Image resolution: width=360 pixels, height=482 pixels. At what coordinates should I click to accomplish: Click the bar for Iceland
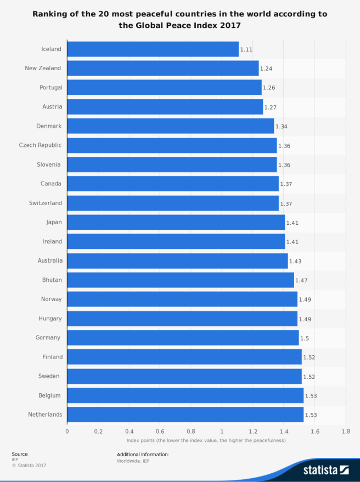pyautogui.click(x=153, y=49)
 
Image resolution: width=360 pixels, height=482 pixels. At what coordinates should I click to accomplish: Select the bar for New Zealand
pyautogui.click(x=162, y=69)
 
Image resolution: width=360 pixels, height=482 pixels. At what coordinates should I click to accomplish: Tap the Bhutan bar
pyautogui.click(x=180, y=280)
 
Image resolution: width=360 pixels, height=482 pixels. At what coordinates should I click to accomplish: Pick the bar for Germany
pyautogui.click(x=183, y=338)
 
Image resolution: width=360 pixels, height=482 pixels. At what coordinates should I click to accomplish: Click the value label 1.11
pyautogui.click(x=246, y=49)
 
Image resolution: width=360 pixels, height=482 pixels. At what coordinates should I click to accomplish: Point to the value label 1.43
pyautogui.click(x=295, y=261)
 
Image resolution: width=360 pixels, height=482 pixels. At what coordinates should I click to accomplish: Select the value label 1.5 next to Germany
pyautogui.click(x=305, y=338)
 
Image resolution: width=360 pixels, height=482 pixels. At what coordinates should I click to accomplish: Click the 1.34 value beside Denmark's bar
pyautogui.click(x=281, y=127)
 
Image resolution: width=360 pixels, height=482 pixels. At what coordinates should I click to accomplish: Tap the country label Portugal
pyautogui.click(x=51, y=88)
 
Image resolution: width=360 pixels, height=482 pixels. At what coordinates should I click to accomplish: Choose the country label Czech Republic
pyautogui.click(x=40, y=145)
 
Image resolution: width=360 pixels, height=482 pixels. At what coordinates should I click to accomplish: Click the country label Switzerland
pyautogui.click(x=46, y=203)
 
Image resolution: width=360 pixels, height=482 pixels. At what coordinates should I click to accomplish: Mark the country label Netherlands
pyautogui.click(x=45, y=415)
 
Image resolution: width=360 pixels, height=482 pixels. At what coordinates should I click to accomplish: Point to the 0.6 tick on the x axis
pyautogui.click(x=160, y=432)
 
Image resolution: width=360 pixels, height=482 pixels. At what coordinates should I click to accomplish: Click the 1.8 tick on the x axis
pyautogui.click(x=345, y=432)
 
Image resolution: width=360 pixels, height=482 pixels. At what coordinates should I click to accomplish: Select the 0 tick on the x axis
pyautogui.click(x=67, y=432)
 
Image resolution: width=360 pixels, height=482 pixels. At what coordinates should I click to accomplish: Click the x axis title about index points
pyautogui.click(x=206, y=441)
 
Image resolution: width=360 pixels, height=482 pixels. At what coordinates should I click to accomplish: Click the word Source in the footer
pyautogui.click(x=20, y=454)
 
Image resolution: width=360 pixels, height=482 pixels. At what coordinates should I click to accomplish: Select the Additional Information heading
pyautogui.click(x=143, y=455)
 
